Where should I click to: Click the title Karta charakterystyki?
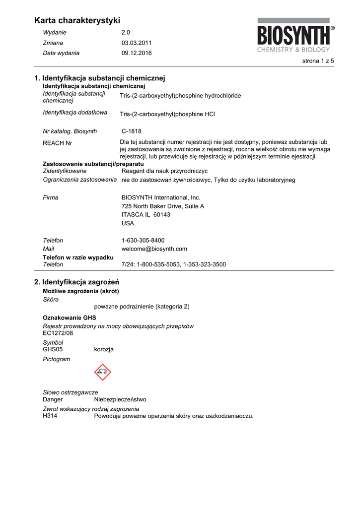point(77,20)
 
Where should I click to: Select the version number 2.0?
point(126,32)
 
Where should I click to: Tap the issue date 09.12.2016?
point(137,53)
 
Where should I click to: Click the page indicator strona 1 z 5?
point(318,61)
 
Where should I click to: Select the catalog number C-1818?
point(132,131)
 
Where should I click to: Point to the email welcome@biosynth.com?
point(154,249)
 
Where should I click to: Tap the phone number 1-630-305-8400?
point(143,240)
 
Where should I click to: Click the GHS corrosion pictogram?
point(103,372)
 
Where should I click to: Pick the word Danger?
point(53,399)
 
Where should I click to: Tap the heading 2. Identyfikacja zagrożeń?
point(80,282)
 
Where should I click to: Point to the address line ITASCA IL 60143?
point(146,214)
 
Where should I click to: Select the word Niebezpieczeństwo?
point(120,399)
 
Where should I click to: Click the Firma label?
point(51,197)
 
